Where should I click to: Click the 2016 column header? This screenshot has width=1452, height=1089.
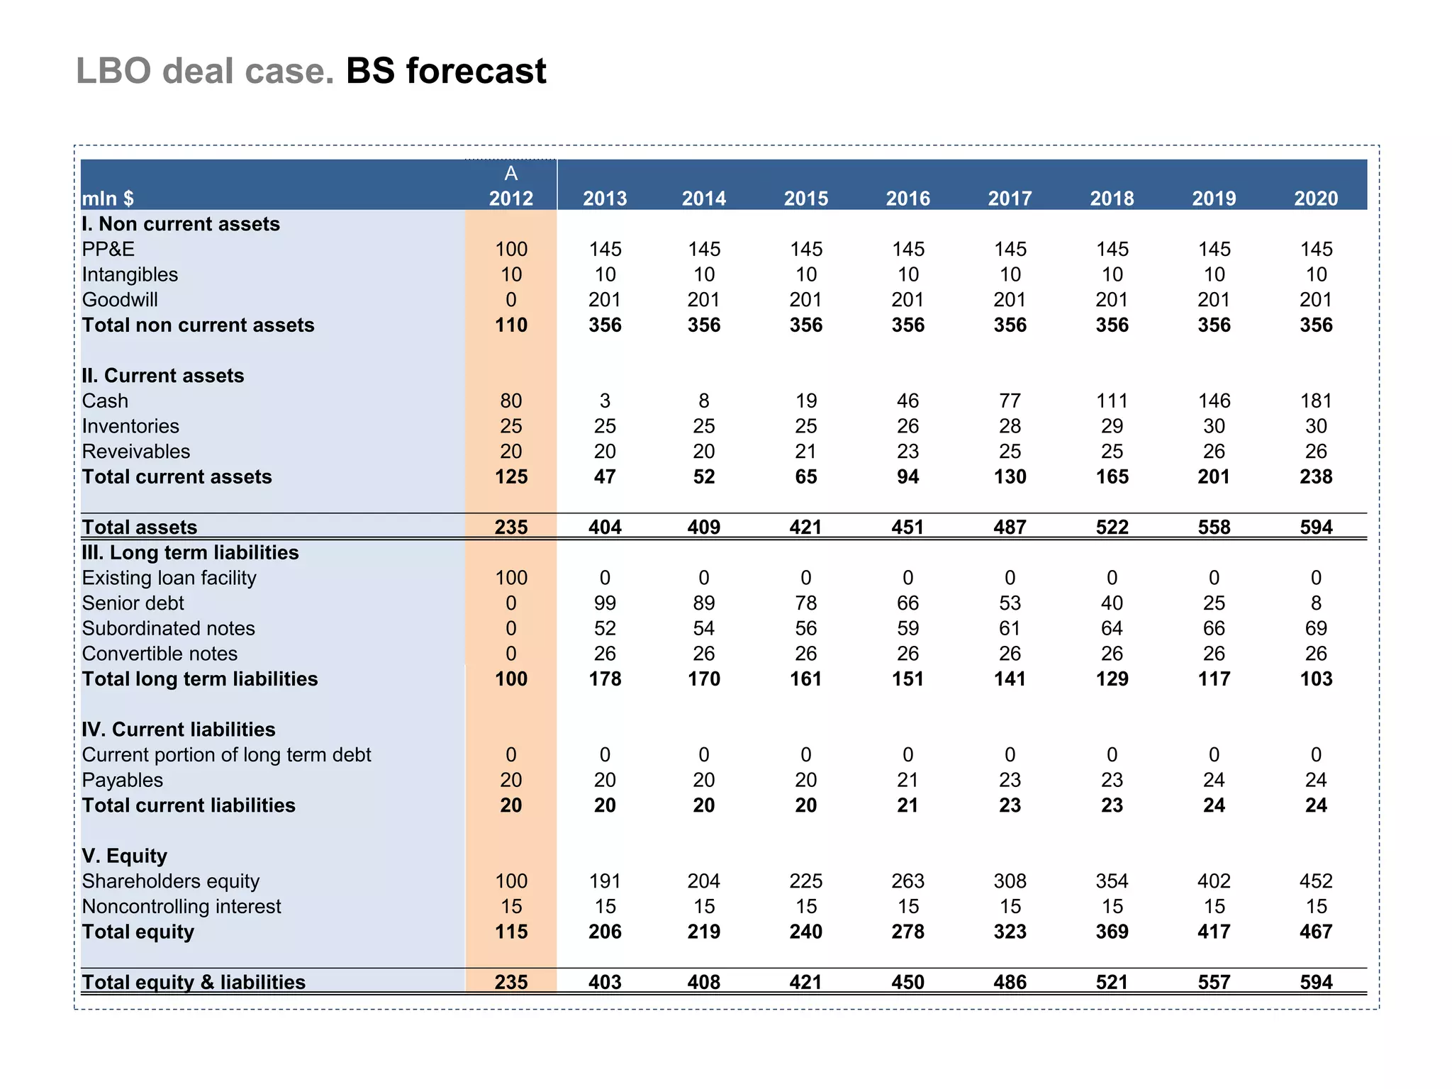907,199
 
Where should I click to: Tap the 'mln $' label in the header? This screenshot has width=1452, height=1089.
108,199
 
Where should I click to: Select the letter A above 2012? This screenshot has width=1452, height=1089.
510,174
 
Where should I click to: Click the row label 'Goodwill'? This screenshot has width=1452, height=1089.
120,300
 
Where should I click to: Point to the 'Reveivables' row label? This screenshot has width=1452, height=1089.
136,452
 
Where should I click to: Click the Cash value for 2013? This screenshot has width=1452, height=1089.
605,401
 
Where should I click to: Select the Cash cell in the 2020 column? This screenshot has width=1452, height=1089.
1316,401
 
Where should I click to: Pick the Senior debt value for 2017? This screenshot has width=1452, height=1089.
1010,603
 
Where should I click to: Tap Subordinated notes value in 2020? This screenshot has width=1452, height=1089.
1316,629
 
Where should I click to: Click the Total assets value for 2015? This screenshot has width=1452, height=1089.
805,527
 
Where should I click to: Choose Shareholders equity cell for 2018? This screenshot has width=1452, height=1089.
1112,881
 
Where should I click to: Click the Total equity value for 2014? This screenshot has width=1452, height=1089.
703,932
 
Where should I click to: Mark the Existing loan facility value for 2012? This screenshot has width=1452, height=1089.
510,578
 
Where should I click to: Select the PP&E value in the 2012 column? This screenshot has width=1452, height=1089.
510,250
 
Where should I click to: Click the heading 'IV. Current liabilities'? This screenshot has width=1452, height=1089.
178,730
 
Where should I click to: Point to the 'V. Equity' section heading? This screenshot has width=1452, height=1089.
124,856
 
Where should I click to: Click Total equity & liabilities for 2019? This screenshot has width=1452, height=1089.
1214,983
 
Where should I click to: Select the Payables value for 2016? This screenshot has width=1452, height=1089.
907,781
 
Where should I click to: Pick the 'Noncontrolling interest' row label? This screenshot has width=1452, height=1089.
181,907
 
